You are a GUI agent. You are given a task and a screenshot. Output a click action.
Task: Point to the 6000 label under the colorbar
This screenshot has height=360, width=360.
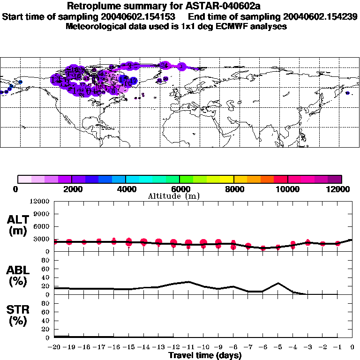pos(180,189)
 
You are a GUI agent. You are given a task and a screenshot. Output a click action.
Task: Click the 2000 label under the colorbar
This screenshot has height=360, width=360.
pos(72,189)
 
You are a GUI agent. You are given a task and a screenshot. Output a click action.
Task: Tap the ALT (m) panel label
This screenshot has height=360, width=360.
pos(18,225)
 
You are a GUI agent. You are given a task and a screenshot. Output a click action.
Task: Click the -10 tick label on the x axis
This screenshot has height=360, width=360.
pos(203,347)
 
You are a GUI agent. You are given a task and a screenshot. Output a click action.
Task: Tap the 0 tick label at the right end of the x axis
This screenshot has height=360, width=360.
pos(352,347)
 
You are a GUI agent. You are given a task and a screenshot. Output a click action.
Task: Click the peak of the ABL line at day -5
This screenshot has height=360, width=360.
pos(278,283)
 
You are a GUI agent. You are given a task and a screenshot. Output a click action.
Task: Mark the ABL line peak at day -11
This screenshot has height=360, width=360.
pos(188,282)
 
